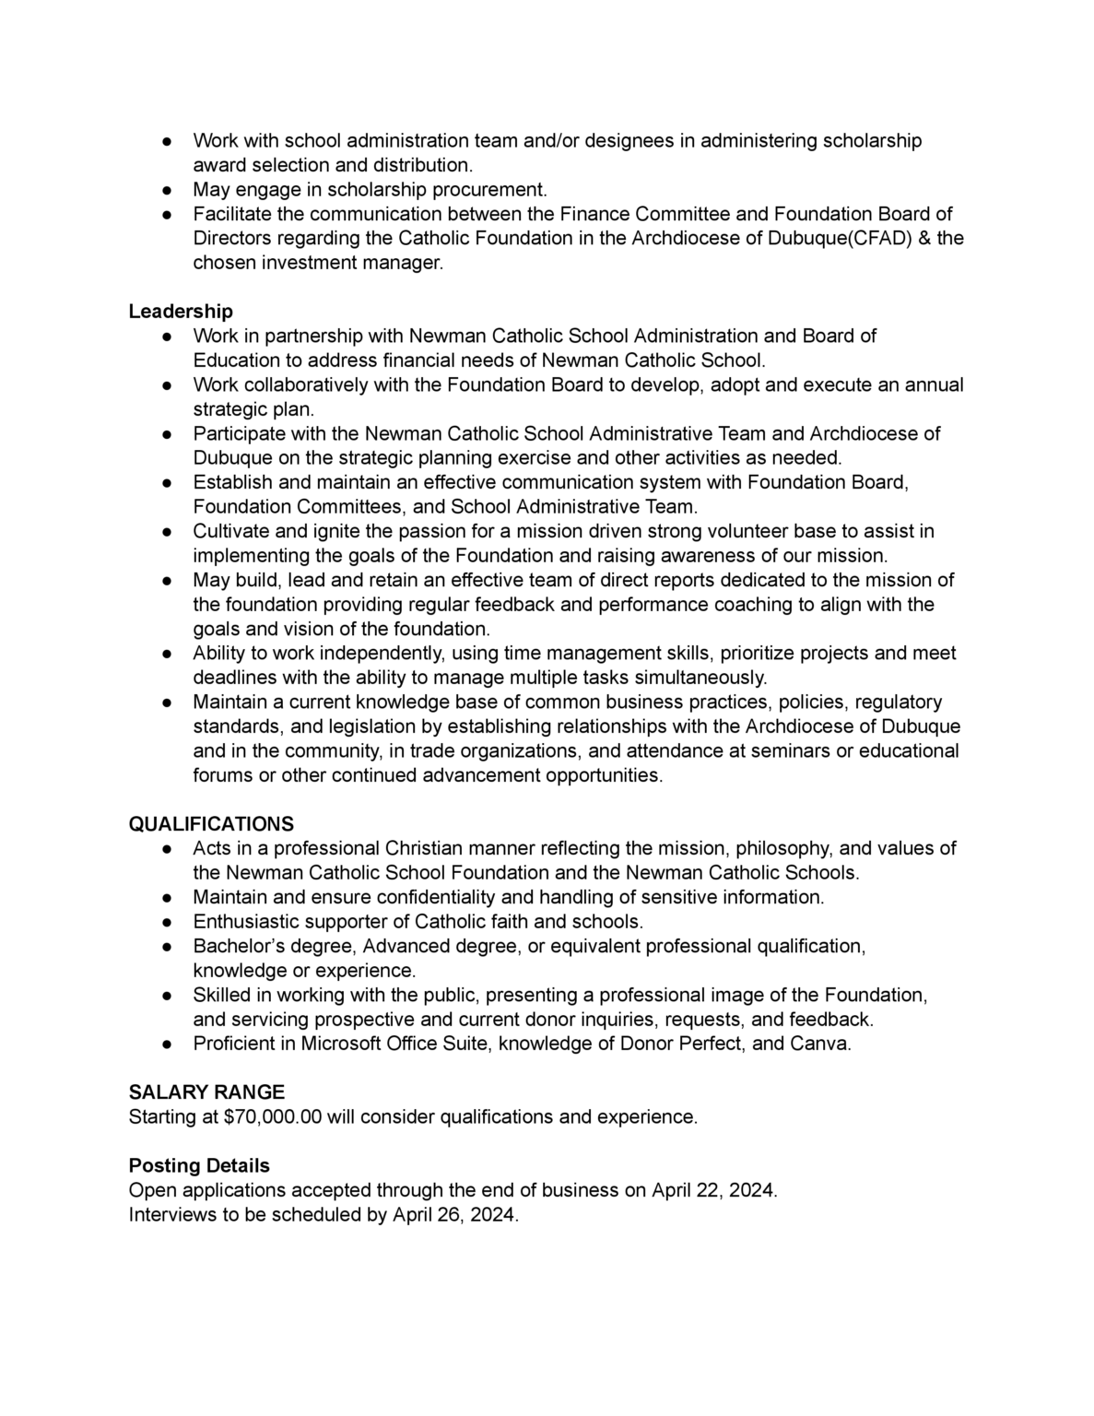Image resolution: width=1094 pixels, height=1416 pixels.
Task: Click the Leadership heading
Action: [x=181, y=312]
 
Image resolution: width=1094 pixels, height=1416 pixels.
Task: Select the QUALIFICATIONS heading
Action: [x=211, y=824]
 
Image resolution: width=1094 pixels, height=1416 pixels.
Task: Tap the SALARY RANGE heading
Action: [x=206, y=1092]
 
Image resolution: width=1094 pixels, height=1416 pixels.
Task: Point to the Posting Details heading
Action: [x=199, y=1166]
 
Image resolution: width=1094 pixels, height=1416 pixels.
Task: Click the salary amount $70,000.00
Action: [x=273, y=1117]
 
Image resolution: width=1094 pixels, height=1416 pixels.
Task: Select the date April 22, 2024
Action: [x=713, y=1190]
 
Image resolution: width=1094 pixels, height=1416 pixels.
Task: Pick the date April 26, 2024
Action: [x=454, y=1215]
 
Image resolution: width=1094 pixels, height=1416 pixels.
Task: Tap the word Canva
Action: [x=820, y=1044]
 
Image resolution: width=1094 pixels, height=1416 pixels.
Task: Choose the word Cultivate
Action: [x=231, y=531]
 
